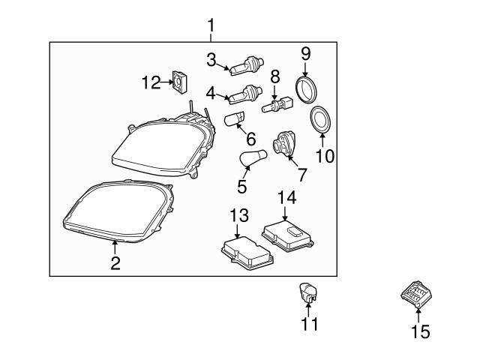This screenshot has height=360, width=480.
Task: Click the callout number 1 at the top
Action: [x=211, y=25]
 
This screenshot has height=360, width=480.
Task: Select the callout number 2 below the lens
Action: [x=115, y=262]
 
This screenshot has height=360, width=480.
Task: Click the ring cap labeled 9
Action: [x=306, y=88]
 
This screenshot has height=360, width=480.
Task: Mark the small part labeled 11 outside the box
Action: [x=309, y=291]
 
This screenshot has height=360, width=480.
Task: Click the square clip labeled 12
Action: [x=180, y=79]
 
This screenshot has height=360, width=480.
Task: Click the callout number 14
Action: [x=287, y=198]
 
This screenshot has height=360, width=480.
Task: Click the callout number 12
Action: [x=151, y=82]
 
